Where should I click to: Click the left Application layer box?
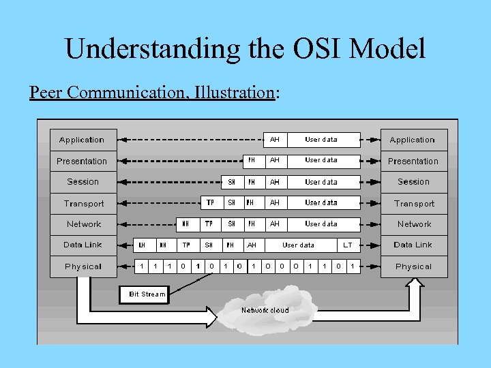pos(83,140)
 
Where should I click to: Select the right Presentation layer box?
pos(413,162)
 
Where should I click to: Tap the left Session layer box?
pos(83,182)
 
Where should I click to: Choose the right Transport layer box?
pos(413,203)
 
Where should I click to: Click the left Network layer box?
pos(83,224)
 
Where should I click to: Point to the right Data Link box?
pos(413,245)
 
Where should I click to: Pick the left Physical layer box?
pos(83,266)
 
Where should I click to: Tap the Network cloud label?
pos(265,310)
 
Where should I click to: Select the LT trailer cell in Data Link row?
pos(348,245)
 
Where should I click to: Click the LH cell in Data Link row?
pos(142,245)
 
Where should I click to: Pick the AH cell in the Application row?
pos(274,140)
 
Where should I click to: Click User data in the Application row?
pos(321,140)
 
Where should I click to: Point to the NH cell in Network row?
pos(185,224)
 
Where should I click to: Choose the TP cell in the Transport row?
pos(210,202)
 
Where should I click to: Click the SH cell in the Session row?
pos(232,182)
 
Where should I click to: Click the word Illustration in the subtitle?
pos(234,92)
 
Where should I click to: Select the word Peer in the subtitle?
pos(43,92)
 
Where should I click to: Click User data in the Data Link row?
pos(299,245)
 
